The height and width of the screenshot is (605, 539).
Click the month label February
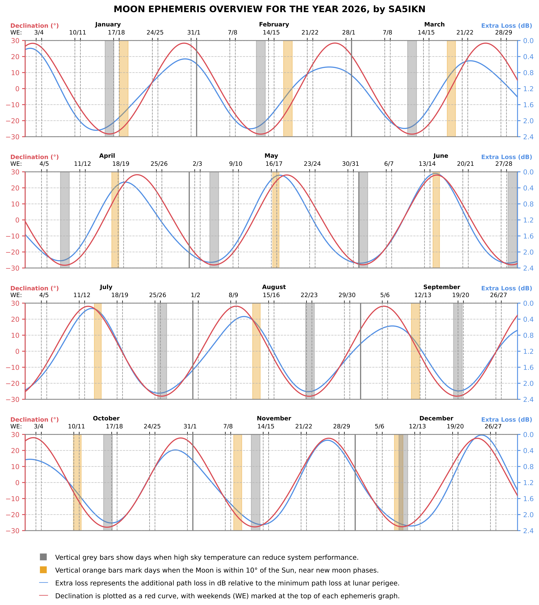click(x=274, y=25)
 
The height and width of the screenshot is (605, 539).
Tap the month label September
click(x=441, y=287)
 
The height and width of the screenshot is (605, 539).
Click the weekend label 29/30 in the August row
click(x=347, y=295)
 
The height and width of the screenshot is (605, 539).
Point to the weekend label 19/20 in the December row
click(x=455, y=427)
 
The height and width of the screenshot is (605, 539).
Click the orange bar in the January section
click(x=124, y=89)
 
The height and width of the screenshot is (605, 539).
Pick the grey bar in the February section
click(x=261, y=89)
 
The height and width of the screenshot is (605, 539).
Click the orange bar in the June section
click(x=436, y=220)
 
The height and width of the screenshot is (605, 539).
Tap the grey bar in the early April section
click(x=65, y=220)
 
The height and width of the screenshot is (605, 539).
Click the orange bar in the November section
click(x=238, y=482)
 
